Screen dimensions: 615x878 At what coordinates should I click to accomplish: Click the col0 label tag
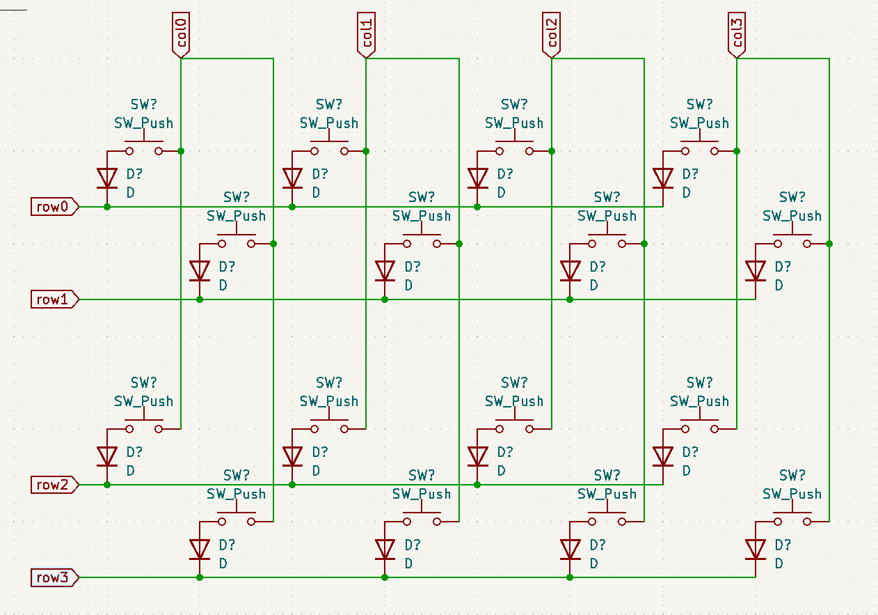[181, 35]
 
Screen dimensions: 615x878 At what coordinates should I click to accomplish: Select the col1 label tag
[366, 35]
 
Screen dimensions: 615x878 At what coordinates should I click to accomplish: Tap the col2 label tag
[552, 35]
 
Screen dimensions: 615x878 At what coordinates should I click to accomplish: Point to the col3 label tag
[737, 35]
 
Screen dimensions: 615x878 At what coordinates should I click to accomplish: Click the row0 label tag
[54, 207]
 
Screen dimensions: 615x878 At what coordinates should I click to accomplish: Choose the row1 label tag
[54, 299]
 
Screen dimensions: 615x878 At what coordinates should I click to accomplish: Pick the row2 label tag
[54, 485]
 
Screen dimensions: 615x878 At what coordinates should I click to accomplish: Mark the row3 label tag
[54, 577]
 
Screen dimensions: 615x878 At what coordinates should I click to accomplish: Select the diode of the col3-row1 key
[756, 271]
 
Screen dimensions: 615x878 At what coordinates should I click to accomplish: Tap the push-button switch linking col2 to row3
[607, 520]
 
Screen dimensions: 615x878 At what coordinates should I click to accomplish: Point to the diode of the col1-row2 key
[292, 456]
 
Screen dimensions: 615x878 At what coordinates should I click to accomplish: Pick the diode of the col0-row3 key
[200, 549]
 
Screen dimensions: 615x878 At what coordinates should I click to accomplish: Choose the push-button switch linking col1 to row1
[422, 242]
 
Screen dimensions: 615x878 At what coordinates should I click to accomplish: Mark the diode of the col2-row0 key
[478, 178]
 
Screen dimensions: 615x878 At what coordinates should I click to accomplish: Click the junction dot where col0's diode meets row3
[200, 577]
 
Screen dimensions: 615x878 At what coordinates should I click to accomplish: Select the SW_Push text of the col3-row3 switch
[792, 494]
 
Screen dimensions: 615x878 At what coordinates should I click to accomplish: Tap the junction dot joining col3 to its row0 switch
[737, 151]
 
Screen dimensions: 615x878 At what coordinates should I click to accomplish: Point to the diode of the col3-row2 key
[663, 456]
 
